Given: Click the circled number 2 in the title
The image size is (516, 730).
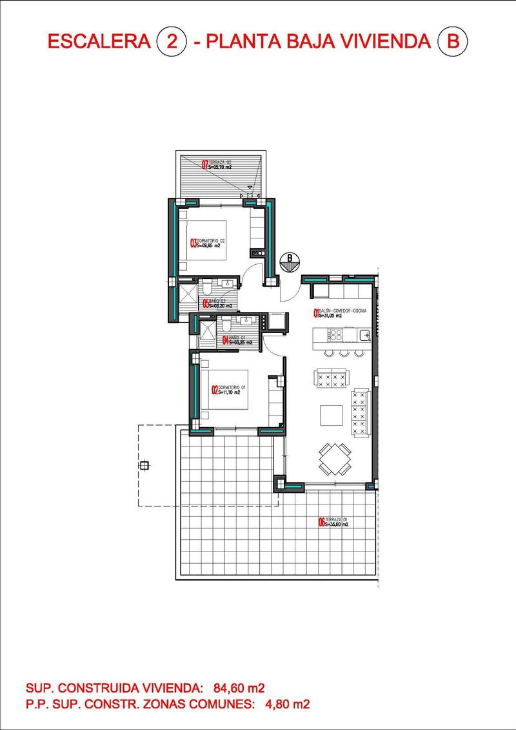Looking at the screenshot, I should point(172,43).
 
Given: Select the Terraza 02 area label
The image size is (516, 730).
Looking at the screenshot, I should point(217,164).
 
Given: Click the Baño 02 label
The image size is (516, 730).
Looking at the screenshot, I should point(216,303).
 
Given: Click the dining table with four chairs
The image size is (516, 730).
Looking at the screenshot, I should point(335,459).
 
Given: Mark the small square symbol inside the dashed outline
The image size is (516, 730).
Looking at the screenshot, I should point(144,466).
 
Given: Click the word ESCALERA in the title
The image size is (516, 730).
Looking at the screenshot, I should point(99,43).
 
